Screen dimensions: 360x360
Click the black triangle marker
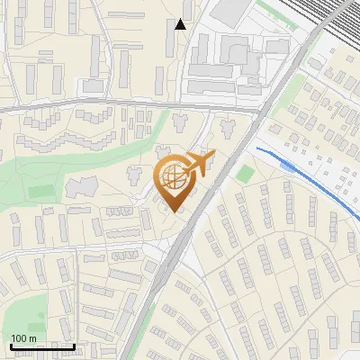181,24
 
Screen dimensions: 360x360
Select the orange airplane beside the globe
202,163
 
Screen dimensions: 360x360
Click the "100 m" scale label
23,337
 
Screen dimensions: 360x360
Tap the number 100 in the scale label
18,337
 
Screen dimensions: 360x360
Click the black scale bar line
41,346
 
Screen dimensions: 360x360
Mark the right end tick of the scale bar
74,345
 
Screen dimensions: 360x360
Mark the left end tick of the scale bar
9,345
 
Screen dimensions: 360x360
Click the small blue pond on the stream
286,166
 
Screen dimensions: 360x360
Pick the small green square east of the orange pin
246,173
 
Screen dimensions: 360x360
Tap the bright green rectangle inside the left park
40,192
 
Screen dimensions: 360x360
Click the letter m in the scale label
32,338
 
